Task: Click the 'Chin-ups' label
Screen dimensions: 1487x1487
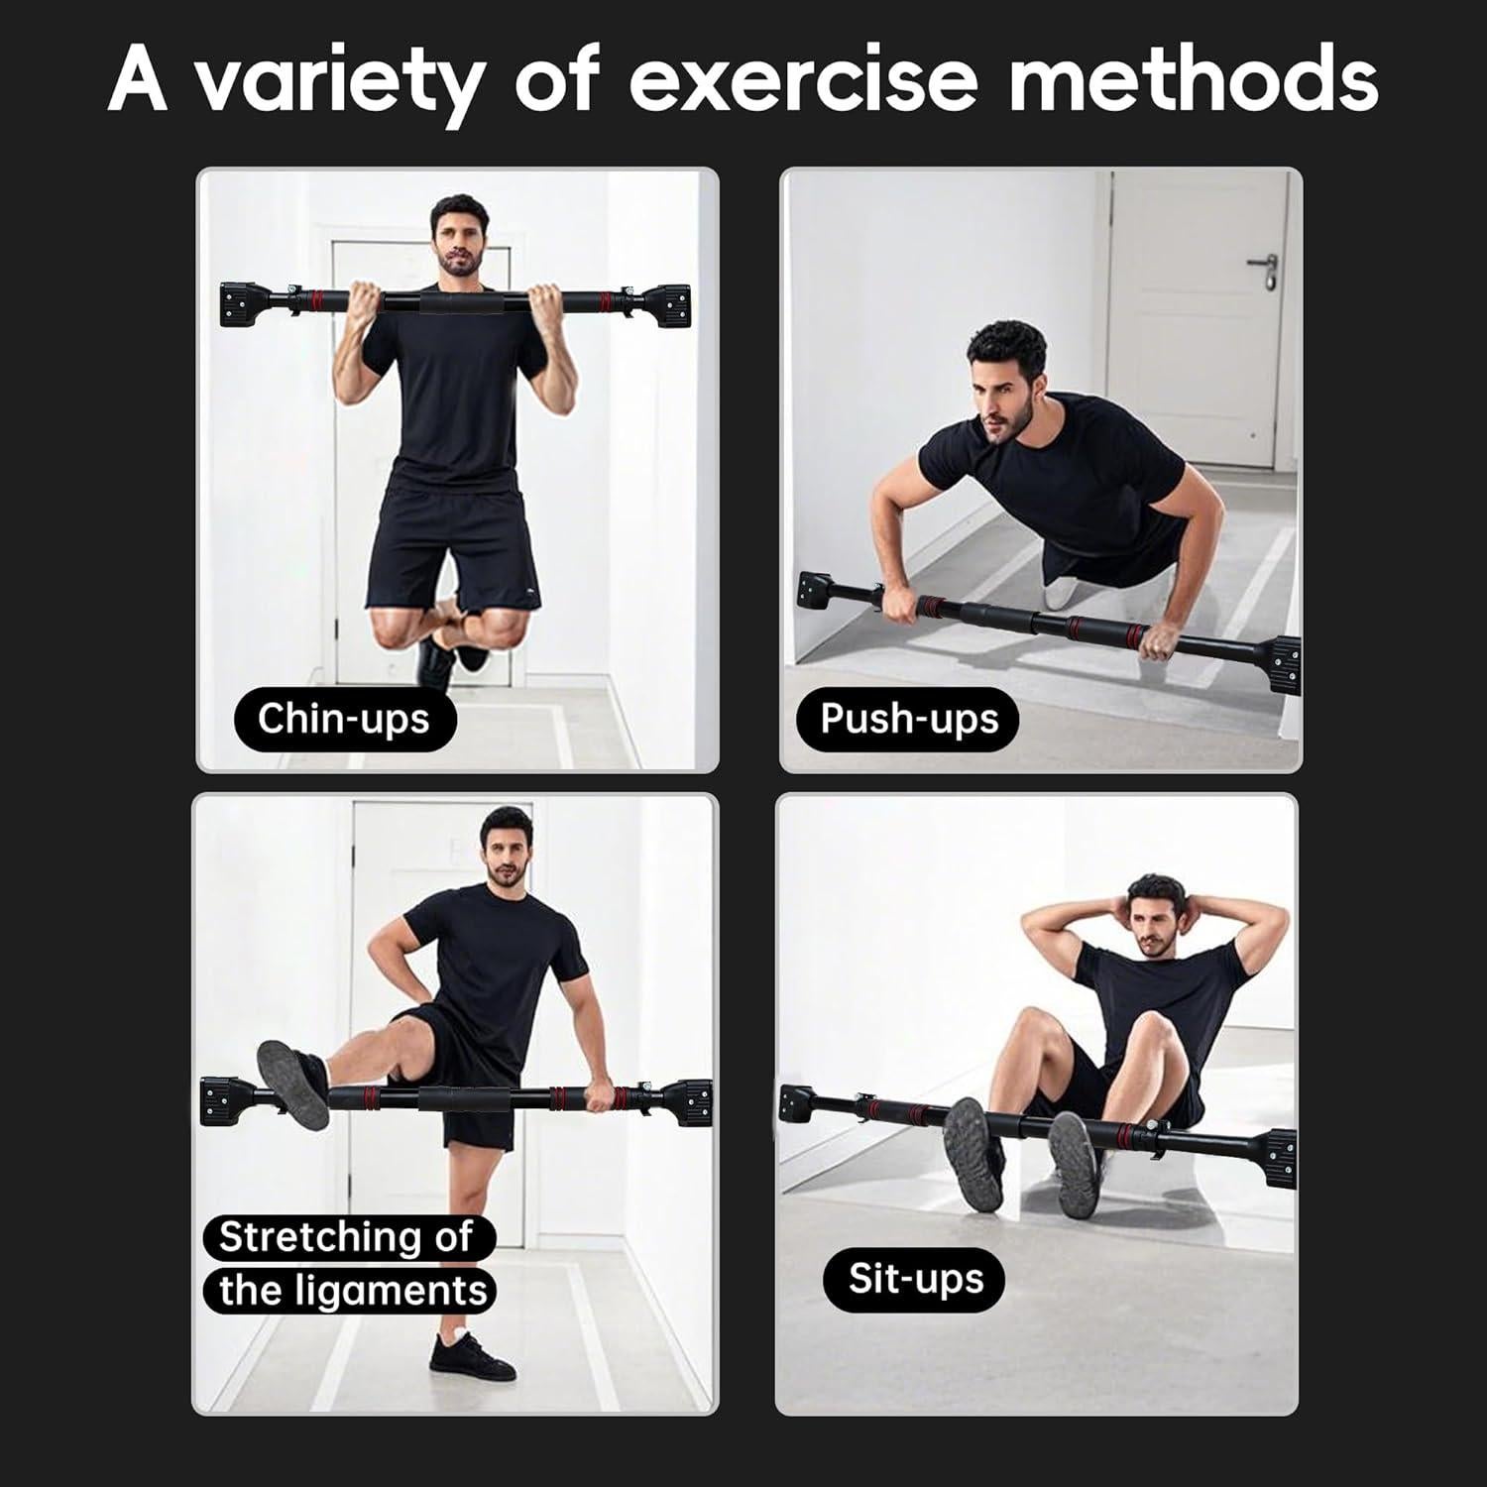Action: tap(343, 719)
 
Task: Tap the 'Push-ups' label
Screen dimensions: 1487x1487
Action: tap(908, 719)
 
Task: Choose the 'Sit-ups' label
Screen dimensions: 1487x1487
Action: tap(915, 1279)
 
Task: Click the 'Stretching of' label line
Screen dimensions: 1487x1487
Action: tap(346, 1237)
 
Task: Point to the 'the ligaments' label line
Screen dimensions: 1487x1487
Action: tap(353, 1291)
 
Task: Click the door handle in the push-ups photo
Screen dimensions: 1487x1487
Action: tap(1261, 267)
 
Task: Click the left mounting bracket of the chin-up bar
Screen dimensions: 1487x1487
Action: tap(241, 302)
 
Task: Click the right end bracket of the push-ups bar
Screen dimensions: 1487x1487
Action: tap(1282, 661)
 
